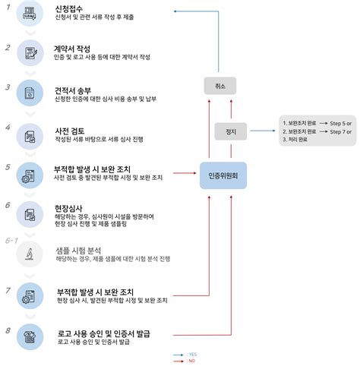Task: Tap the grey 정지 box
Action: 231,131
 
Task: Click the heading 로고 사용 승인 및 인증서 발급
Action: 106,333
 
